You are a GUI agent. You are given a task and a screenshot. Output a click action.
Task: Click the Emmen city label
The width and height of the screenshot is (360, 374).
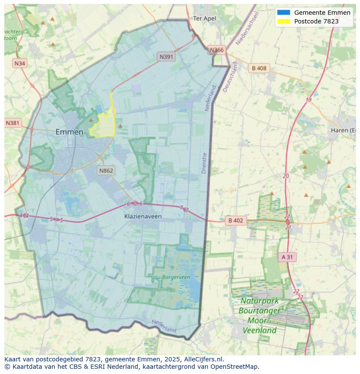pos(69,132)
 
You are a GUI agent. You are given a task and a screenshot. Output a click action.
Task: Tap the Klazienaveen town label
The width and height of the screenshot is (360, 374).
pos(143,216)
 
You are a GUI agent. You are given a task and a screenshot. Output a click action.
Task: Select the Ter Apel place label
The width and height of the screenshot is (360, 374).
pos(204,18)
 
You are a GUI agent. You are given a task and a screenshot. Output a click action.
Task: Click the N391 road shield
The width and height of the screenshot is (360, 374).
pos(167,56)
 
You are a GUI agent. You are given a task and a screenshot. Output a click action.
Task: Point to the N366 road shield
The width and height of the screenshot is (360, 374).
pos(217,50)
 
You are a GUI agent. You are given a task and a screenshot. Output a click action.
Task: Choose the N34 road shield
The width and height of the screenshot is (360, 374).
pos(20,63)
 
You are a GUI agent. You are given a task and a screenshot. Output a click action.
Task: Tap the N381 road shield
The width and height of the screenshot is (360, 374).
pos(13,123)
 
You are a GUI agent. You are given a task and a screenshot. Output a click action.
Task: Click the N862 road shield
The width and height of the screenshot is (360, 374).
pos(106,170)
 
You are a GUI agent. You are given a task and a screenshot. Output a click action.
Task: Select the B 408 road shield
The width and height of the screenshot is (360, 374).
pos(259,68)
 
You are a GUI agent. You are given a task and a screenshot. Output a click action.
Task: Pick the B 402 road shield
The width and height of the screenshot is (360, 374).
pos(236,221)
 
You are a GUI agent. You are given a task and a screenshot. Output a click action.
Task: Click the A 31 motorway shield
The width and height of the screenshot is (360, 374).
pos(287,257)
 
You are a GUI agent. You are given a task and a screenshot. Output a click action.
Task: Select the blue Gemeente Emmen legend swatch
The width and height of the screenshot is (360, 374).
pos(283,13)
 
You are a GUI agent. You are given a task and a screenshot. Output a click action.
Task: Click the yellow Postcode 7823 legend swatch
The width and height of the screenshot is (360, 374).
pos(283,21)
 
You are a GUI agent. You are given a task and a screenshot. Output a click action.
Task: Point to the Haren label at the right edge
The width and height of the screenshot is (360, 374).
pos(343,130)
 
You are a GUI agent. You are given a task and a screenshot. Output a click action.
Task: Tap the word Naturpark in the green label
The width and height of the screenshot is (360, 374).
pos(260,301)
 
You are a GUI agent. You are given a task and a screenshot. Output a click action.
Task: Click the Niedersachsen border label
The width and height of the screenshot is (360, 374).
pos(247,29)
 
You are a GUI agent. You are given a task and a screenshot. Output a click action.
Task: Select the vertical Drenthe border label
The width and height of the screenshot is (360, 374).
pos(204,163)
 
